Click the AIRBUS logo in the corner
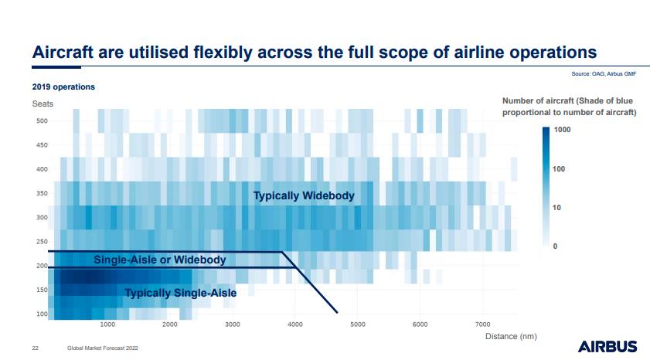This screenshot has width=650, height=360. coord(607,346)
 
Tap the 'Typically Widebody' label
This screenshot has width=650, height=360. coord(304,195)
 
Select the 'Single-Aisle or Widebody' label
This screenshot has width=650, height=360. coord(160,260)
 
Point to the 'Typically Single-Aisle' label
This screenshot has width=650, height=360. coord(181,293)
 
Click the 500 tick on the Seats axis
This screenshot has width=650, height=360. coord(41,121)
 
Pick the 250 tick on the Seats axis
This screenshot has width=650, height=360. coord(41,242)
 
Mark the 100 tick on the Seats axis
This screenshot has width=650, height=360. coord(41,314)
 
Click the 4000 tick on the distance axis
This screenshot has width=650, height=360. coord(294,324)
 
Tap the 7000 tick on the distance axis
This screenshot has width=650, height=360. coord(482,324)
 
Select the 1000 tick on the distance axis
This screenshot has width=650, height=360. coord(107,324)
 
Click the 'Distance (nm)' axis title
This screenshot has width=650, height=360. coord(510,336)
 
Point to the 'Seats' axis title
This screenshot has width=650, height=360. coord(43,104)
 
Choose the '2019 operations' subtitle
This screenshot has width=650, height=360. coord(63,87)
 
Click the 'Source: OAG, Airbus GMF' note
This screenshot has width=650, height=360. coord(603,73)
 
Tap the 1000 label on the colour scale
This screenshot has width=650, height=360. coord(562,130)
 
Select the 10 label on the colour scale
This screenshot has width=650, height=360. coord(556,207)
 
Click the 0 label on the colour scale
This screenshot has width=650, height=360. coord(554,246)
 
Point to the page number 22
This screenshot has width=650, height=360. coord(35,348)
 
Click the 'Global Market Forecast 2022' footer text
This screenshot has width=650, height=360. coord(102,348)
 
